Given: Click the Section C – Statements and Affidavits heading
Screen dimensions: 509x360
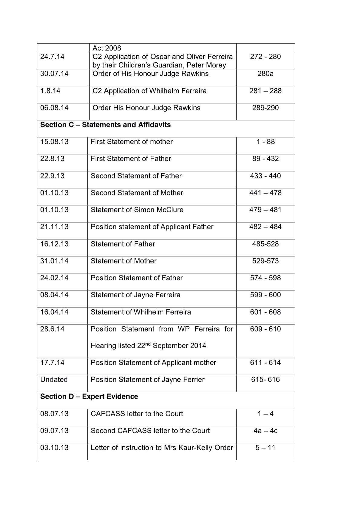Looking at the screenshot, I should click(x=105, y=125).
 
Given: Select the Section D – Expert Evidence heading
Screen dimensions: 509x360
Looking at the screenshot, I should click(x=89, y=396).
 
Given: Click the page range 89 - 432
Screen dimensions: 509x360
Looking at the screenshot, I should click(x=265, y=159).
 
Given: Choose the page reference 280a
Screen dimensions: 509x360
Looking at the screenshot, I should click(x=265, y=74).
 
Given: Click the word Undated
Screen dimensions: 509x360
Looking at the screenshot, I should click(x=54, y=380).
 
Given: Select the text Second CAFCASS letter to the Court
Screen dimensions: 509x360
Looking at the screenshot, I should click(x=150, y=431).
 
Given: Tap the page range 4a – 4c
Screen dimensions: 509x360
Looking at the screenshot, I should click(x=265, y=431).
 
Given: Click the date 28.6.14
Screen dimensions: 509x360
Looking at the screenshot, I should click(x=52, y=329).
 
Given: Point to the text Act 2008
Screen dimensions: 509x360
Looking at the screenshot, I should click(x=107, y=48).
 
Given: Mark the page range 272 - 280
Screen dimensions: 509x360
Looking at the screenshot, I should click(x=265, y=57).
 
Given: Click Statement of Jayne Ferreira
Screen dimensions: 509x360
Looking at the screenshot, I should click(x=136, y=295).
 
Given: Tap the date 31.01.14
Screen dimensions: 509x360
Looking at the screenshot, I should click(x=54, y=261).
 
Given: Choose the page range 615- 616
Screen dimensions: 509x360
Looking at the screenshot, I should click(x=265, y=380).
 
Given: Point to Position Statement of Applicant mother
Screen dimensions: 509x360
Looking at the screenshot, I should click(x=153, y=363).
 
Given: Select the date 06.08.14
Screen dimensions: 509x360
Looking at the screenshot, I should click(x=54, y=108).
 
